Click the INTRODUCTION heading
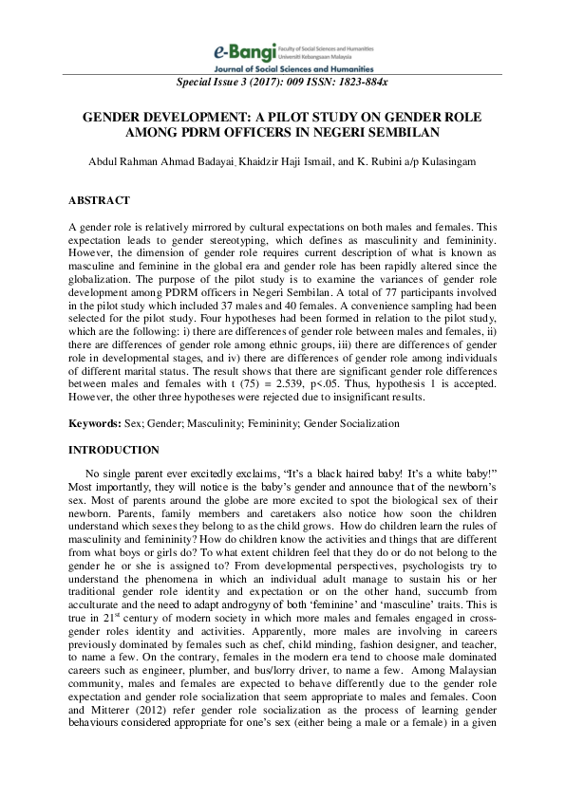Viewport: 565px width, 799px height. [114, 450]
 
